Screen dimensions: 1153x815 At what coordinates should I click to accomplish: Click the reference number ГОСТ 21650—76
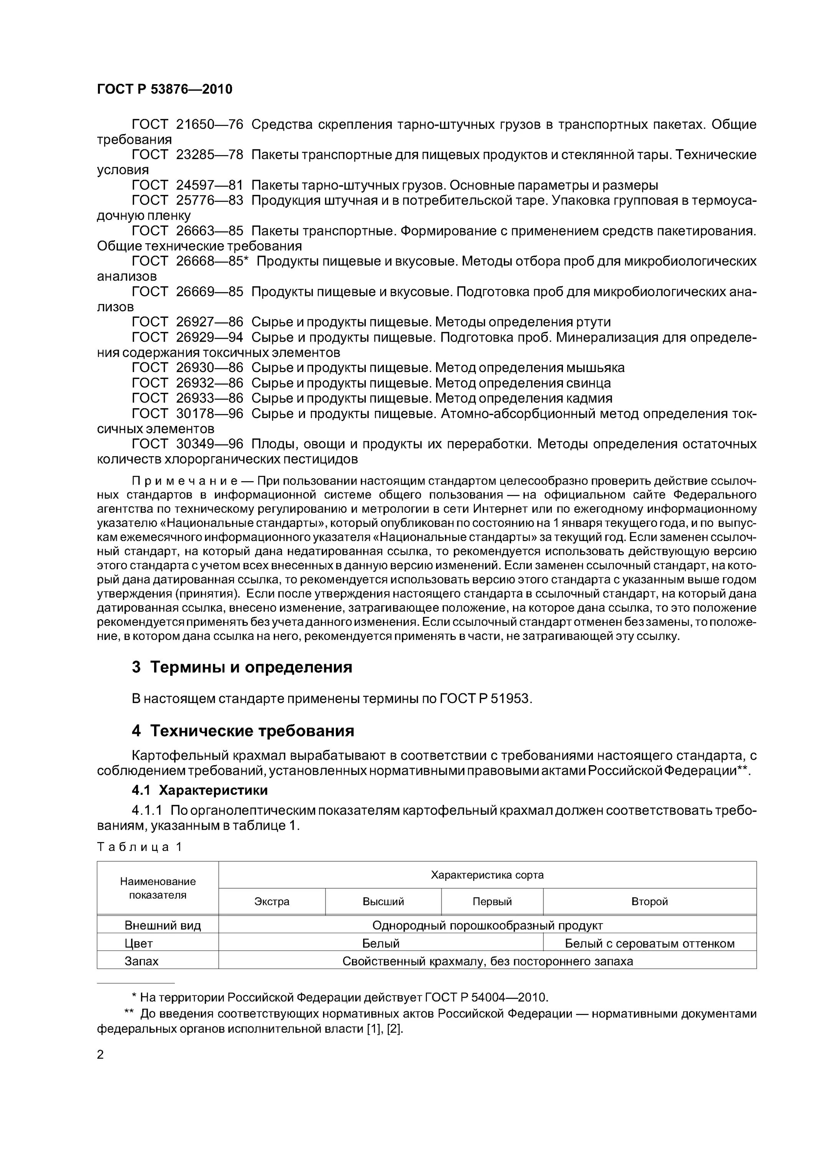click(x=187, y=124)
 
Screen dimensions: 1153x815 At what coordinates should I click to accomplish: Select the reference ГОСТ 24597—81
click(x=187, y=185)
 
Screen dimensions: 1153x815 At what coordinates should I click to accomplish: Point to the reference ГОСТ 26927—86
click(x=187, y=322)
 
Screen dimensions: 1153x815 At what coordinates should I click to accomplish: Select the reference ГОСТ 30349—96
click(x=187, y=444)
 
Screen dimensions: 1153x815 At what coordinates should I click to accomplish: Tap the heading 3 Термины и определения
click(x=242, y=667)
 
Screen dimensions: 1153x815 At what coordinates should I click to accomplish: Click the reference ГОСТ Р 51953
click(x=485, y=699)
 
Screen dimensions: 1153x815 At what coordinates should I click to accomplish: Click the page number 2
click(x=100, y=1055)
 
